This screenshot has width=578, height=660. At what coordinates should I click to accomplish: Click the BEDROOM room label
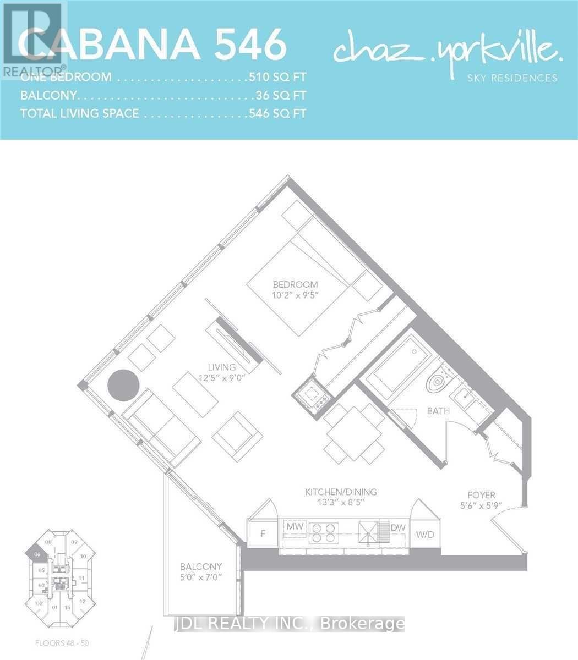click(296, 284)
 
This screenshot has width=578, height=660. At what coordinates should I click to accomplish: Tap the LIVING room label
click(221, 367)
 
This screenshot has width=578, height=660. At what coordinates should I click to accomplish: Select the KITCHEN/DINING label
click(341, 492)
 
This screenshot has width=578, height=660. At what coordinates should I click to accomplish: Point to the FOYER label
click(481, 495)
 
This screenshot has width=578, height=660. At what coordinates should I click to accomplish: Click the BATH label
click(438, 411)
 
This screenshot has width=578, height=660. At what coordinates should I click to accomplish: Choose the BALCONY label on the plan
click(201, 566)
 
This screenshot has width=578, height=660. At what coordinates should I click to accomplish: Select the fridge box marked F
click(262, 533)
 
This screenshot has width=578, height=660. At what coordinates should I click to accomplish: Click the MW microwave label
click(294, 527)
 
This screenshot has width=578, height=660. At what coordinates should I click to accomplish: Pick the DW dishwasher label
click(399, 527)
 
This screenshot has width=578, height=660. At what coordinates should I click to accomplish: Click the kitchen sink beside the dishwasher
click(370, 530)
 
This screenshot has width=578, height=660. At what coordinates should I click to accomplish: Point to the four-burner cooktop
click(322, 531)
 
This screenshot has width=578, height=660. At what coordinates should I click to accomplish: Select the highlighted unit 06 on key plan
click(36, 556)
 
